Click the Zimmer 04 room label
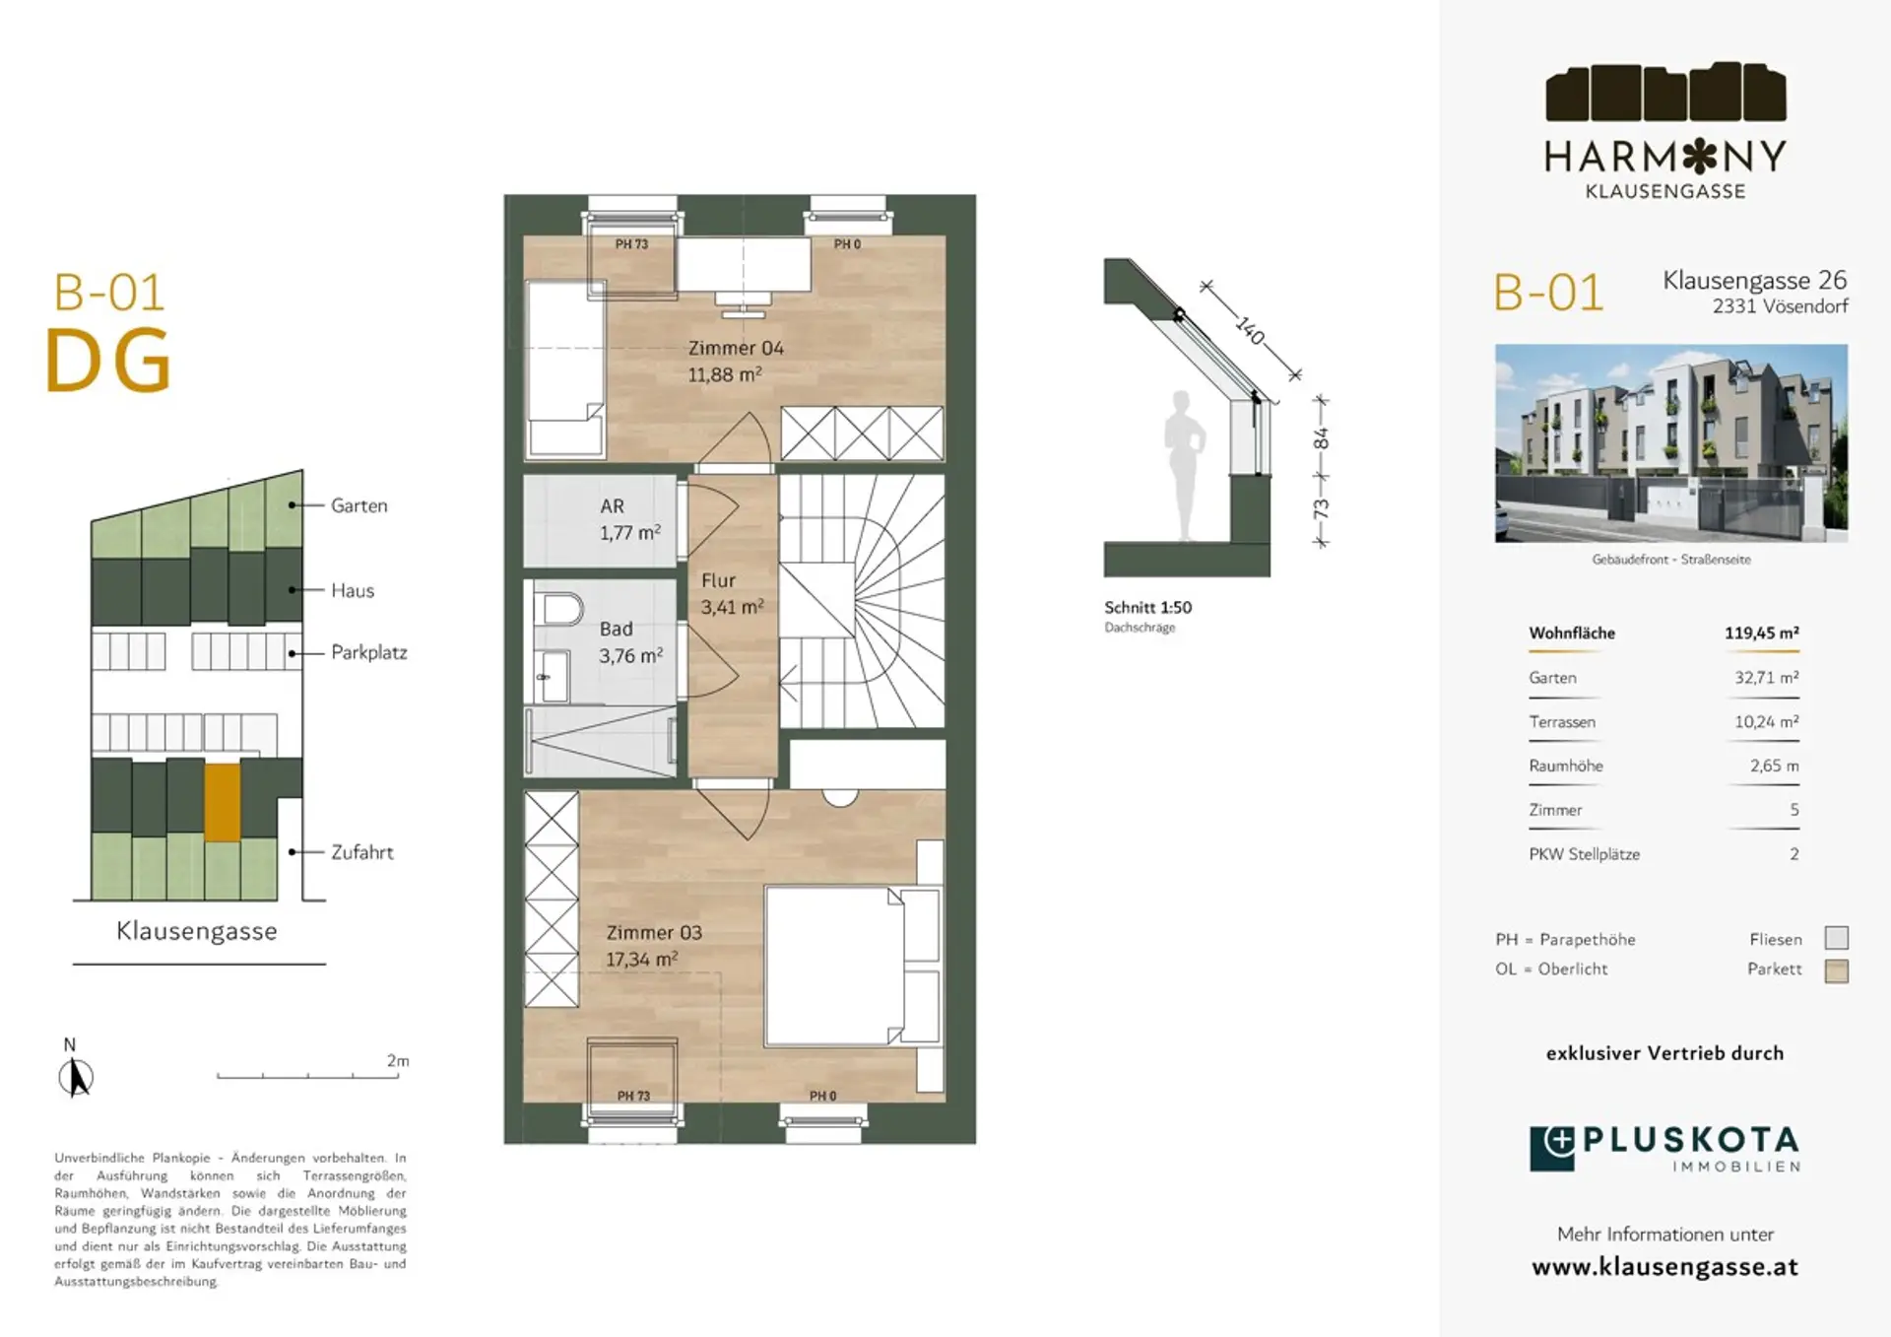point(736,348)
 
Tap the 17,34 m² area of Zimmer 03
point(641,959)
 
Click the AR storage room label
point(612,506)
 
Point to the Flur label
point(718,581)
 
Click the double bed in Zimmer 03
point(852,966)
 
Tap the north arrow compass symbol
point(75,1077)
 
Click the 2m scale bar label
point(398,1061)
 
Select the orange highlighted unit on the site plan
point(222,802)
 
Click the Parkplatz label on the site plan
point(368,652)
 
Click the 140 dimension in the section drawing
point(1250,331)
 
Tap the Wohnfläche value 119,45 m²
point(1761,634)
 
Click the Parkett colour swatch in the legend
point(1836,970)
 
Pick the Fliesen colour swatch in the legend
point(1836,938)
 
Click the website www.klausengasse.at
point(1664,1267)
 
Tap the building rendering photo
point(1670,442)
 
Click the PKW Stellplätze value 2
point(1794,854)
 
